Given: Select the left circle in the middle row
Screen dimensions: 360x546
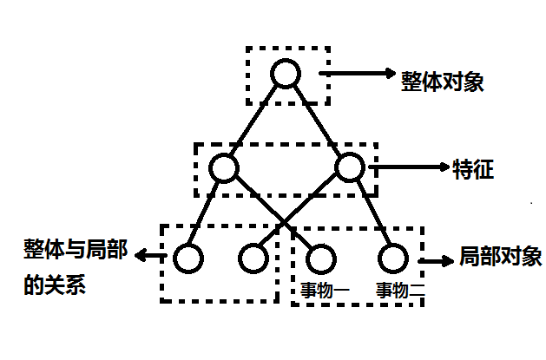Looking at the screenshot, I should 223,167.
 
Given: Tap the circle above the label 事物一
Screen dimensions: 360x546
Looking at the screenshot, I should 320,258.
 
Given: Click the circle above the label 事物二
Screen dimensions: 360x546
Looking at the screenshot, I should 391,258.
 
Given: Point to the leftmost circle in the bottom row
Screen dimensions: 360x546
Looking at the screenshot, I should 187,258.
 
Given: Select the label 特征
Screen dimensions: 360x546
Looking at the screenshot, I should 473,168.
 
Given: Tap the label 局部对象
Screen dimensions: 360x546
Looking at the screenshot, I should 500,258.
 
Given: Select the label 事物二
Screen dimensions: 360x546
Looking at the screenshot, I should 398,290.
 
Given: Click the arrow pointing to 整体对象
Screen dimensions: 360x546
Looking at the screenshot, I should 356,75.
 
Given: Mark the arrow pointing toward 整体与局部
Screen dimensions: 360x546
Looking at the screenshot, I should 153,256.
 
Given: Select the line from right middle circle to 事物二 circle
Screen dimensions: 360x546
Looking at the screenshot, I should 371,213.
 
